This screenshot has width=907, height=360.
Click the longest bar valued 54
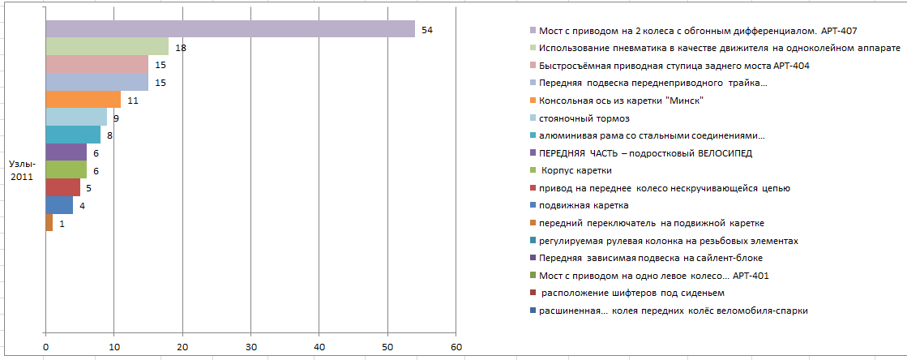[x=230, y=29]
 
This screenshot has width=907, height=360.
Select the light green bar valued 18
[x=107, y=46]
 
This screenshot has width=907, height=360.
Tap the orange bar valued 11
[x=83, y=100]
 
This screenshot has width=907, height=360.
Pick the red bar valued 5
[x=63, y=187]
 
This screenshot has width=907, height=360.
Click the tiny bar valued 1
[x=49, y=223]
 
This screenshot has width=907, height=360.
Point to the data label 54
[x=427, y=30]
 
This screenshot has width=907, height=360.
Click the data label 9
[x=117, y=118]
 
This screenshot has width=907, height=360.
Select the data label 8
[x=110, y=136]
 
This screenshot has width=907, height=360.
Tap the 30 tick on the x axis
[x=250, y=347]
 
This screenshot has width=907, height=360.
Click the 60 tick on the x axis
[x=456, y=347]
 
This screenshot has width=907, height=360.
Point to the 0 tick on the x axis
[x=45, y=347]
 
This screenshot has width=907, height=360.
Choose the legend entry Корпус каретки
[x=576, y=171]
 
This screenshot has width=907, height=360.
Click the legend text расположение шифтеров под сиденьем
[x=631, y=293]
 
